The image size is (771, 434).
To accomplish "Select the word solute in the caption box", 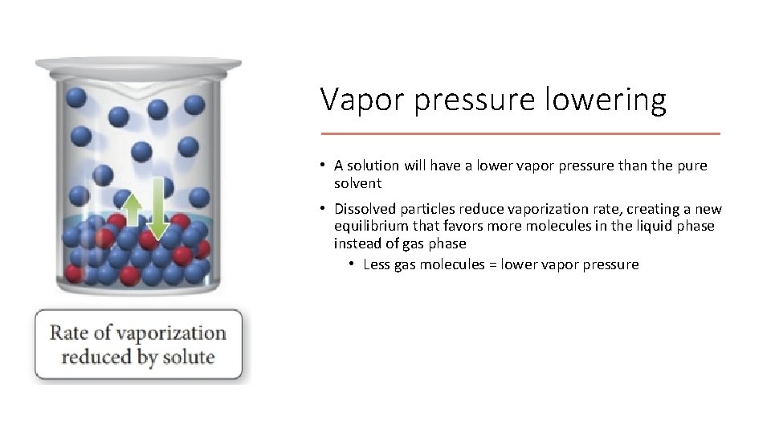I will pyautogui.click(x=188, y=358).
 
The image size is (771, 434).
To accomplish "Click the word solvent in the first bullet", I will pyautogui.click(x=357, y=183).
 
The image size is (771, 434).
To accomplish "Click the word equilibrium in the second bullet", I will pyautogui.click(x=370, y=226).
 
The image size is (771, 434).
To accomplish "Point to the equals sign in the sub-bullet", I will pyautogui.click(x=492, y=264).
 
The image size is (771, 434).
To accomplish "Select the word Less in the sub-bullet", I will pyautogui.click(x=377, y=264).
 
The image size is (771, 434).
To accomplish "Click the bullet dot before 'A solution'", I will pyautogui.click(x=320, y=166).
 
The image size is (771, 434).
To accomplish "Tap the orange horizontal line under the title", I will pyautogui.click(x=520, y=133).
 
